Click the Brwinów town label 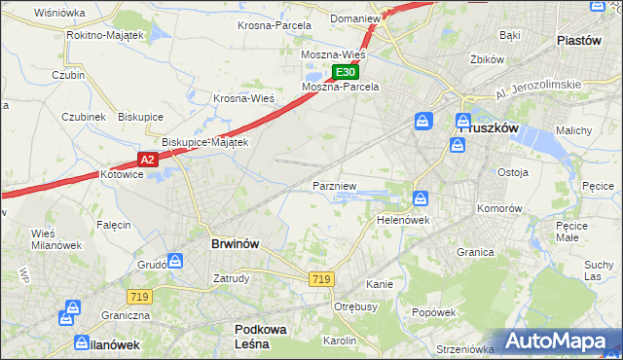(x=235, y=243)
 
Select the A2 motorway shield (x=147, y=159)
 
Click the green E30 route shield (x=345, y=72)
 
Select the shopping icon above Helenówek (x=420, y=198)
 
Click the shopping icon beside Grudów (x=174, y=260)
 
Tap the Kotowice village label (x=122, y=175)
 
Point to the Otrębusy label (x=355, y=306)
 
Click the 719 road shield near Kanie (x=322, y=279)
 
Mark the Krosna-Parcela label (x=275, y=25)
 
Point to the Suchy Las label (x=598, y=270)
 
